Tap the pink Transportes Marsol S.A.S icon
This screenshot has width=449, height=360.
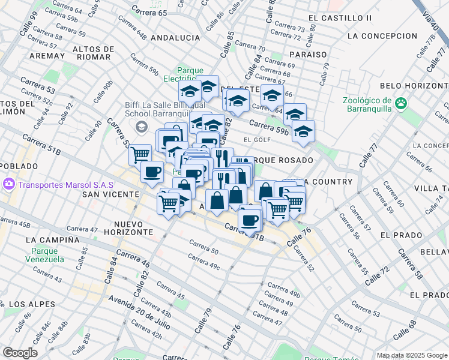(x=8, y=184)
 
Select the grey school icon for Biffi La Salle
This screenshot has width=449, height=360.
(x=142, y=127)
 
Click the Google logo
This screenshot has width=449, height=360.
(x=20, y=353)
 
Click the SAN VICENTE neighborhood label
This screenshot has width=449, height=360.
(x=107, y=194)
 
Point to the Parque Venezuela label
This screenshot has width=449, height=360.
(x=45, y=255)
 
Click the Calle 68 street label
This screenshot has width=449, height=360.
(x=404, y=332)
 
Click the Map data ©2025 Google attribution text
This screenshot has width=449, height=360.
(x=412, y=355)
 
